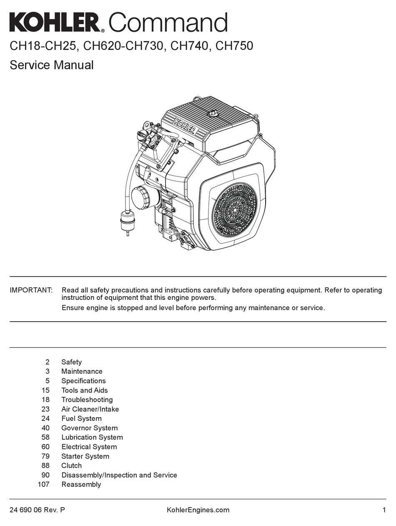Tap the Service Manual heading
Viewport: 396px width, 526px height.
[x=52, y=65]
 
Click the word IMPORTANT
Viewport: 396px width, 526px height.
[x=31, y=290]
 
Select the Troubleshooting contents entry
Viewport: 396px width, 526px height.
[x=87, y=400]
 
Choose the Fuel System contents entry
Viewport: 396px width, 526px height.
[x=81, y=418]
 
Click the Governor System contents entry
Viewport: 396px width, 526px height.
[x=89, y=428]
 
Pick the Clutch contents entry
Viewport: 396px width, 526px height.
[x=71, y=466]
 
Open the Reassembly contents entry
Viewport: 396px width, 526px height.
[x=81, y=484]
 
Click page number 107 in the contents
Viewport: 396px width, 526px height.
[x=44, y=484]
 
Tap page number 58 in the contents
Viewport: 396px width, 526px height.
[x=45, y=437]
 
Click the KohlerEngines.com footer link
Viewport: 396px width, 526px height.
[x=198, y=510]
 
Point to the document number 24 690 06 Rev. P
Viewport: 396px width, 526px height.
[x=37, y=510]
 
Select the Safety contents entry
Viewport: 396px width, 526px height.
[x=71, y=362]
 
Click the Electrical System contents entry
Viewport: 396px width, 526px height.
[x=89, y=447]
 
